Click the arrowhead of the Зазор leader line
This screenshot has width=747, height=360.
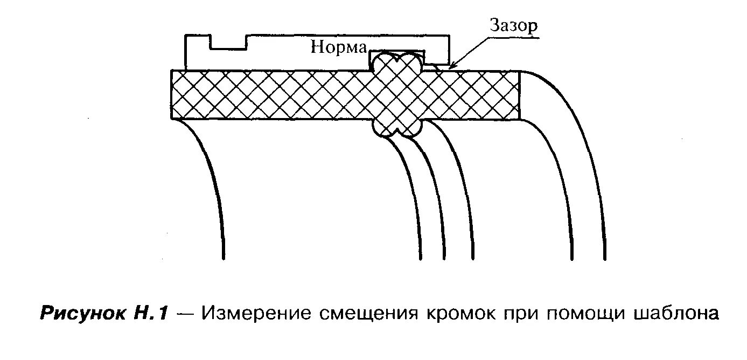tap(444, 68)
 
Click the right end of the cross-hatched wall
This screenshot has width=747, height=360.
tap(518, 95)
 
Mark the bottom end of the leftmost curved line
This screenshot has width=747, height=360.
tap(222, 258)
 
